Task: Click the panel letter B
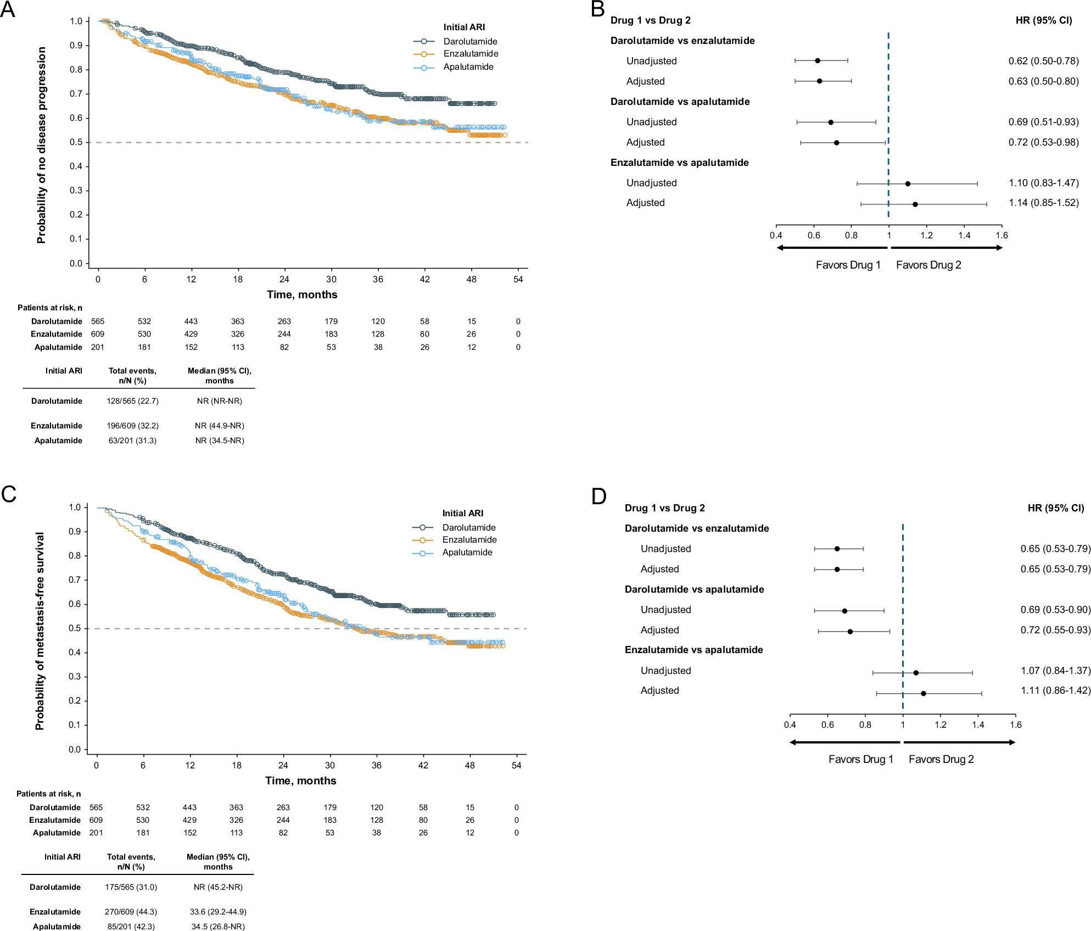pyautogui.click(x=598, y=9)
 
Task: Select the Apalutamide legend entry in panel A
pyautogui.click(x=468, y=67)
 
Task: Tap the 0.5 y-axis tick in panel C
pyautogui.click(x=75, y=628)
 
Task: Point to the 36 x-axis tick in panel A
pyautogui.click(x=378, y=279)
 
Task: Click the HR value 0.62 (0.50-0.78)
pyautogui.click(x=1043, y=61)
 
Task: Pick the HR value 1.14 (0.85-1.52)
pyautogui.click(x=1043, y=203)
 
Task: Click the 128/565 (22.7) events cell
pyautogui.click(x=132, y=401)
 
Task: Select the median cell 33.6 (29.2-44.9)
pyautogui.click(x=218, y=912)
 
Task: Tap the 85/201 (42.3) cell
pyautogui.click(x=131, y=927)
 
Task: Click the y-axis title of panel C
pyautogui.click(x=40, y=631)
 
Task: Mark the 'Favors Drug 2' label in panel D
pyautogui.click(x=941, y=759)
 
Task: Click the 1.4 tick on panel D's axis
pyautogui.click(x=978, y=724)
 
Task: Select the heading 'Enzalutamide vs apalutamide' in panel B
pyautogui.click(x=679, y=163)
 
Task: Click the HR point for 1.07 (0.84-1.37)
pyautogui.click(x=916, y=672)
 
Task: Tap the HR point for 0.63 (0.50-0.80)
pyautogui.click(x=819, y=81)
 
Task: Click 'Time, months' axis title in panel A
pyautogui.click(x=302, y=294)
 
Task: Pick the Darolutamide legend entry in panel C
pyautogui.click(x=468, y=527)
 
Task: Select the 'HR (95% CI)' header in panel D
pyautogui.click(x=1055, y=508)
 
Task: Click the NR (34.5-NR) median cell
pyautogui.click(x=220, y=441)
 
